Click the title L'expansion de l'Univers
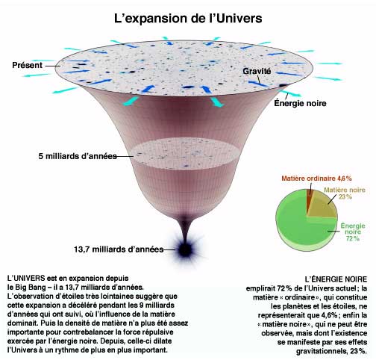pos(188,19)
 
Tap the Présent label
pos(28,65)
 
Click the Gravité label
pos(257,71)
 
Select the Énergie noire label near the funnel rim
pos(300,103)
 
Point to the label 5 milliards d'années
pos(78,156)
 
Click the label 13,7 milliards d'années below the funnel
pos(119,249)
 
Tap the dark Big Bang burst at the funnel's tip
pos(185,249)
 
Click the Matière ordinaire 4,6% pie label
pos(316,179)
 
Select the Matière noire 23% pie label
pos(345,193)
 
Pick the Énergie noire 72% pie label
pos(353,232)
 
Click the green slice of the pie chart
pos(296,224)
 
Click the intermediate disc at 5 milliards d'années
pos(184,154)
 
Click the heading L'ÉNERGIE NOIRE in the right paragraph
pos(336,279)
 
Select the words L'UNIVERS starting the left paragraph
pos(26,278)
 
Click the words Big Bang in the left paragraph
pos(31,287)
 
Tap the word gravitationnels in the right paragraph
pos(321,351)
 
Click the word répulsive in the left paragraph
pos(157,332)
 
